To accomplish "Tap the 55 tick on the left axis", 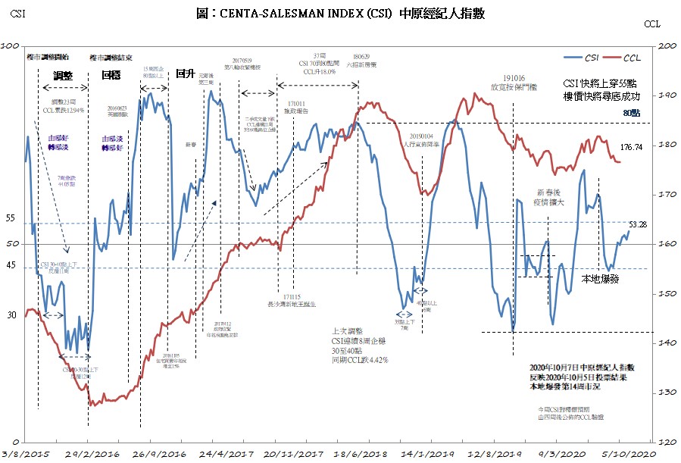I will tap(11, 218).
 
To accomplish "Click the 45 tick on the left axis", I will tap(11, 265).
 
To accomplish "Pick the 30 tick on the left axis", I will tap(11, 314).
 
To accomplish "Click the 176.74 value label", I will tap(631, 147).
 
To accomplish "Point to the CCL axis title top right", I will tap(652, 25).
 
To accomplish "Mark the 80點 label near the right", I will tap(631, 112).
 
